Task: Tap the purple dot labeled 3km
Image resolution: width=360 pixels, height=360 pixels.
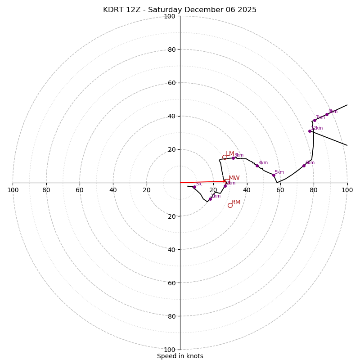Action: click(233, 158)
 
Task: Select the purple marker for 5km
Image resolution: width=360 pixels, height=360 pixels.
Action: click(274, 175)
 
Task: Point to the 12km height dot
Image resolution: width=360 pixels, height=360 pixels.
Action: click(310, 131)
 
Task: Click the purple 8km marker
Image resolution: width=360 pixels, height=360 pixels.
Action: click(327, 114)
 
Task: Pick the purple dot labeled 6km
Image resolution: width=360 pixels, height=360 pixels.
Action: click(304, 166)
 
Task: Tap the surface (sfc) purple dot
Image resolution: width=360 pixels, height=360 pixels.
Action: click(194, 187)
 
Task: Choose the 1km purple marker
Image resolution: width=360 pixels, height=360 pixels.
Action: click(210, 199)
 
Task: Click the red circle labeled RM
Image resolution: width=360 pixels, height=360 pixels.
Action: click(230, 205)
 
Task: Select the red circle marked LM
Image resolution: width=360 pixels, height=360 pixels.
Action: click(225, 157)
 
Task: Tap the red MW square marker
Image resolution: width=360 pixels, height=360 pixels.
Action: click(227, 181)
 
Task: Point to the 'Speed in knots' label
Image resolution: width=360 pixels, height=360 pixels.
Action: click(180, 356)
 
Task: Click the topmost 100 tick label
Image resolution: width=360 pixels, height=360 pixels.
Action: click(170, 16)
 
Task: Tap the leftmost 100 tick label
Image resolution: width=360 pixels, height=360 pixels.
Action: click(13, 190)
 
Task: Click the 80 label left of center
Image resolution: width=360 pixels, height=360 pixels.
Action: click(46, 190)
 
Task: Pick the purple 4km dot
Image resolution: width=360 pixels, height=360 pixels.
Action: click(257, 166)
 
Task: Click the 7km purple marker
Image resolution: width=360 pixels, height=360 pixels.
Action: click(315, 120)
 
